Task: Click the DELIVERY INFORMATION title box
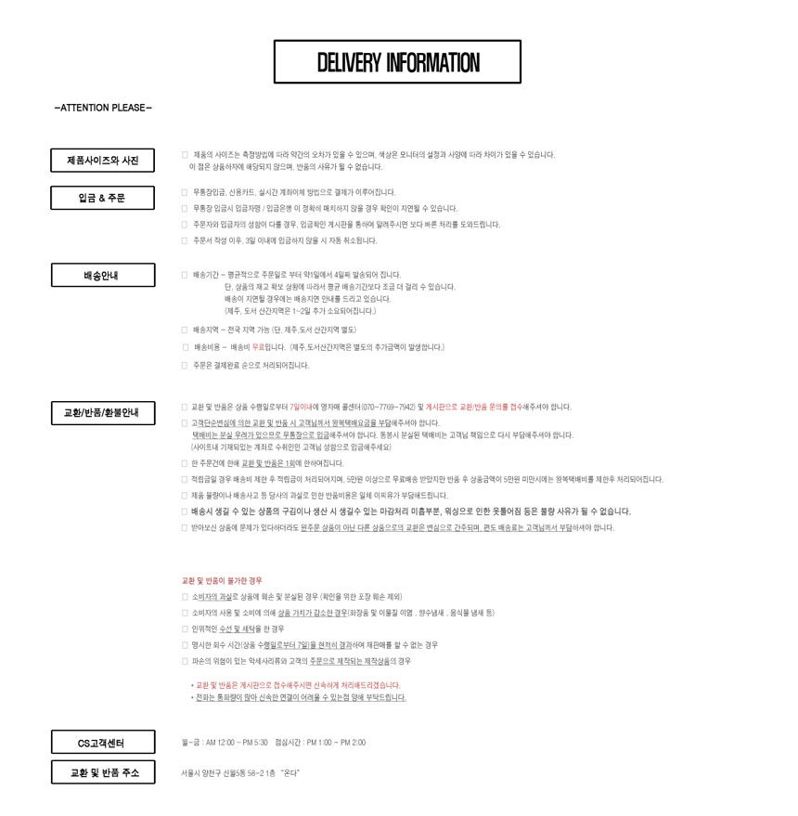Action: coord(397,62)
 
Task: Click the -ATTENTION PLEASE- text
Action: coord(103,108)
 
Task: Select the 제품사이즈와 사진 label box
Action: coord(102,161)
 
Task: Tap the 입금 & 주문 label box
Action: coord(102,198)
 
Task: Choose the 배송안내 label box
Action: coord(102,276)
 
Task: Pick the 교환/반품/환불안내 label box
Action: coord(102,412)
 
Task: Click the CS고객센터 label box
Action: coord(102,743)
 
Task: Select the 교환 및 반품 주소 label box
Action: coord(102,772)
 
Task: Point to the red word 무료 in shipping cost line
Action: coord(259,347)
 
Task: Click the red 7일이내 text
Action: coord(301,407)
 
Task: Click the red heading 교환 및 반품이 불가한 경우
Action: coord(222,580)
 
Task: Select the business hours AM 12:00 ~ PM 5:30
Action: coord(238,743)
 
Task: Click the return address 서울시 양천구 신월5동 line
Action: coord(240,772)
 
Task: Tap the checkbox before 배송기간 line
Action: coord(185,275)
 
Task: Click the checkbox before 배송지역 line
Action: coord(185,330)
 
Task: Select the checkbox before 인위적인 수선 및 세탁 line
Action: coord(185,628)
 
